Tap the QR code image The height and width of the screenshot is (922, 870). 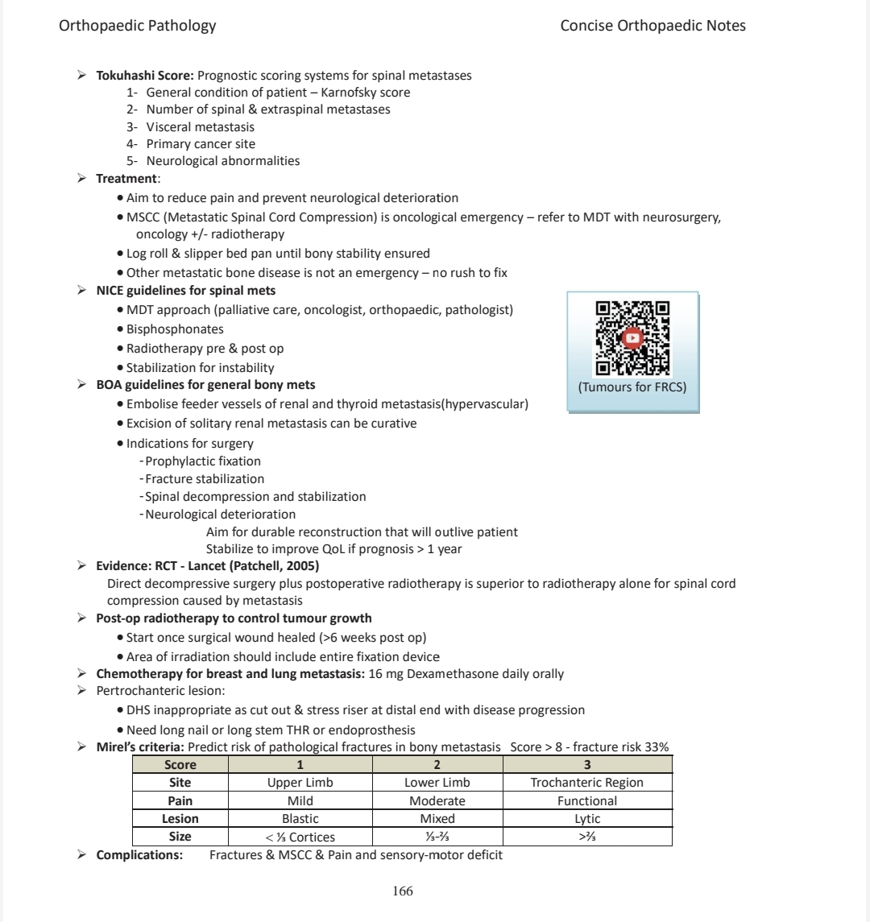click(x=632, y=338)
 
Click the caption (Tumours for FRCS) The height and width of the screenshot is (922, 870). click(x=632, y=387)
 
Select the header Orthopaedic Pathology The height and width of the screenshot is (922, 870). click(x=138, y=26)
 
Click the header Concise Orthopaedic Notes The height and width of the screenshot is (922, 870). click(x=652, y=26)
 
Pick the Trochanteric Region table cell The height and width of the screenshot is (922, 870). click(x=586, y=783)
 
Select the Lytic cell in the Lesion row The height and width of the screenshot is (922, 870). click(x=586, y=819)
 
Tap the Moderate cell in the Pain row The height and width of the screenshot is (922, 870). click(x=437, y=801)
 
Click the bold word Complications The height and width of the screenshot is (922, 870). click(x=138, y=854)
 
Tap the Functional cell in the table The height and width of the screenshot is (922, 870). click(x=586, y=801)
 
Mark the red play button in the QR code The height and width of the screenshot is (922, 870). click(x=632, y=338)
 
